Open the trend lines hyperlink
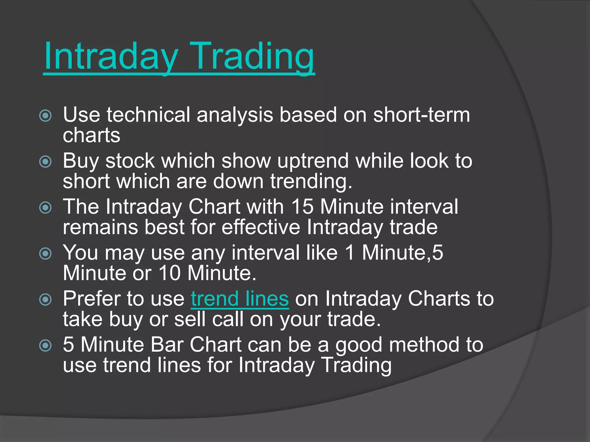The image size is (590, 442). click(x=240, y=299)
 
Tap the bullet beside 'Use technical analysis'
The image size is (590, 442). click(x=46, y=116)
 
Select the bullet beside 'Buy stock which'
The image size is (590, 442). click(x=46, y=162)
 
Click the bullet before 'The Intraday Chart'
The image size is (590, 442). click(x=46, y=207)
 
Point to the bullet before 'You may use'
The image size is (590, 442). click(x=46, y=254)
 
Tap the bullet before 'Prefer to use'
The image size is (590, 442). click(x=46, y=300)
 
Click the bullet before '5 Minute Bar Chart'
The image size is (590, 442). click(x=46, y=345)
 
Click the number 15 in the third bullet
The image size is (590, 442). click(x=302, y=207)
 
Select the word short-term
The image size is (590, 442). click(x=421, y=115)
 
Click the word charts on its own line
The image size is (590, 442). click(x=91, y=135)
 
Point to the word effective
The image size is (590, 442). click(x=261, y=227)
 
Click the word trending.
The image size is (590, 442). click(x=311, y=182)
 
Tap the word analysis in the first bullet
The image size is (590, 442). click(x=235, y=115)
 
